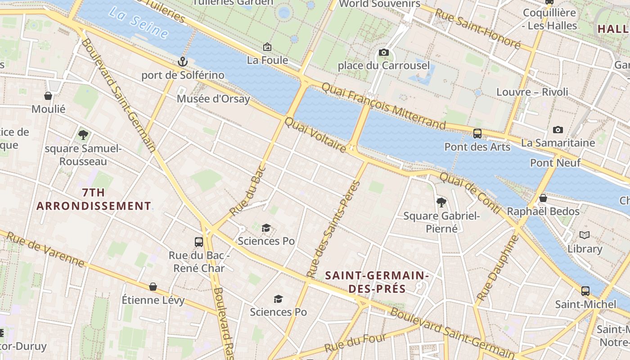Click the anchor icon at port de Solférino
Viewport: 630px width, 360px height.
pyautogui.click(x=182, y=62)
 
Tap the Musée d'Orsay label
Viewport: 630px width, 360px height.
pyautogui.click(x=213, y=99)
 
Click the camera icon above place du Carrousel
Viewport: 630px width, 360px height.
pyautogui.click(x=384, y=53)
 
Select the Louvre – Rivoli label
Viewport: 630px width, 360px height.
pyautogui.click(x=532, y=92)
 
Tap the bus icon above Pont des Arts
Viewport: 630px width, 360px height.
pyautogui.click(x=477, y=133)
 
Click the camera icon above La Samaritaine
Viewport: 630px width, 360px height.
pyautogui.click(x=558, y=130)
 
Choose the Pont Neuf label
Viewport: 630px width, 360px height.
pyautogui.click(x=555, y=162)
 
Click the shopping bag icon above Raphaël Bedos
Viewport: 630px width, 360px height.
pyautogui.click(x=543, y=198)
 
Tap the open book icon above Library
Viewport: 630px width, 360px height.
pyautogui.click(x=585, y=235)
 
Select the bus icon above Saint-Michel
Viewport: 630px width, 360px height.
pyautogui.click(x=585, y=291)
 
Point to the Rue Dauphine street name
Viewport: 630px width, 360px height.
pyautogui.click(x=497, y=268)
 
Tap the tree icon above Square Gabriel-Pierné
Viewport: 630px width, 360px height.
pyautogui.click(x=441, y=202)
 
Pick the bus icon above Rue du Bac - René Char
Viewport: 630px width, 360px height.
pyautogui.click(x=199, y=242)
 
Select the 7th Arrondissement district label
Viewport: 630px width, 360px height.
pyautogui.click(x=94, y=199)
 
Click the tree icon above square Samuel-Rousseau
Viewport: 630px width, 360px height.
pyautogui.click(x=83, y=135)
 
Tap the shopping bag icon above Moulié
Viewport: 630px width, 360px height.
pyautogui.click(x=48, y=96)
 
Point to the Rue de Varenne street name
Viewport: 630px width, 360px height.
pyautogui.click(x=45, y=249)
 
